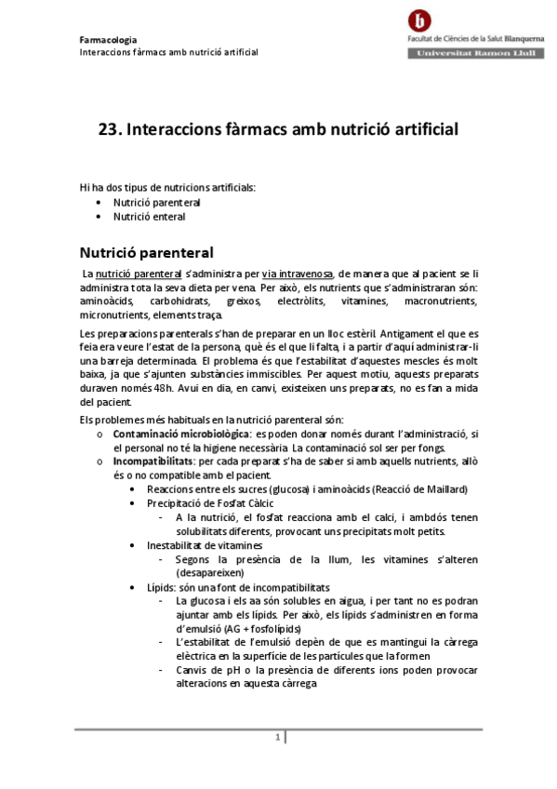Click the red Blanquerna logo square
424,20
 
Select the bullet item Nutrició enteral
149,217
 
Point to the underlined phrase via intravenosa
298,274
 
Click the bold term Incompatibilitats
153,461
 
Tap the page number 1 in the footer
277,737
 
